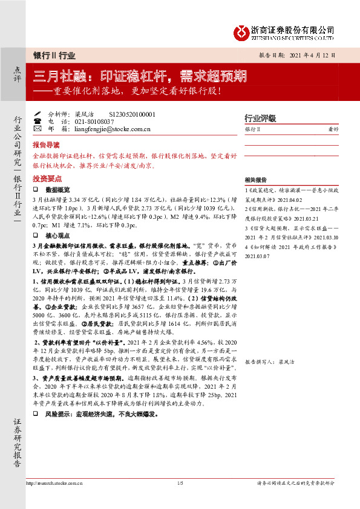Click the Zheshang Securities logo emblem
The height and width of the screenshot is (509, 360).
pyautogui.click(x=242, y=31)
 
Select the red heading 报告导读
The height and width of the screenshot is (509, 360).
pyautogui.click(x=46, y=145)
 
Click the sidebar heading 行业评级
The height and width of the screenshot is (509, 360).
pyautogui.click(x=260, y=118)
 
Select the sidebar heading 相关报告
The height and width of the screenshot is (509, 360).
pyautogui.click(x=256, y=180)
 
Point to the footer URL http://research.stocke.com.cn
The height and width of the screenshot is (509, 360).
pyautogui.click(x=56, y=482)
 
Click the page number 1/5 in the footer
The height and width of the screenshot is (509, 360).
pyautogui.click(x=180, y=482)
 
